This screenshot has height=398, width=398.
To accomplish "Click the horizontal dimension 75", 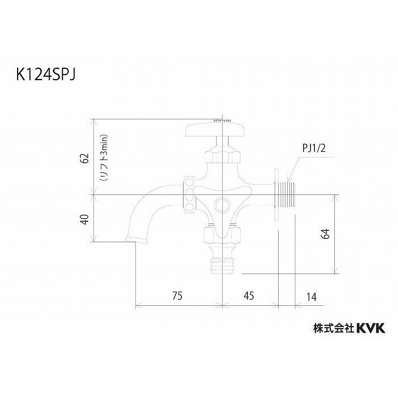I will point(177,296).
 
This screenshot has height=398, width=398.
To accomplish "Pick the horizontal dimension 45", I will point(248,296).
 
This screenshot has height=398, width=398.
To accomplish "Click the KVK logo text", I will point(371,328).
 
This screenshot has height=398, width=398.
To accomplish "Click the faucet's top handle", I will point(215,130).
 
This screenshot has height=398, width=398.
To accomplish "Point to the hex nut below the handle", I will point(222,154).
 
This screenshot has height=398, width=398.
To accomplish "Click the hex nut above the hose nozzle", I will point(221,234).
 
